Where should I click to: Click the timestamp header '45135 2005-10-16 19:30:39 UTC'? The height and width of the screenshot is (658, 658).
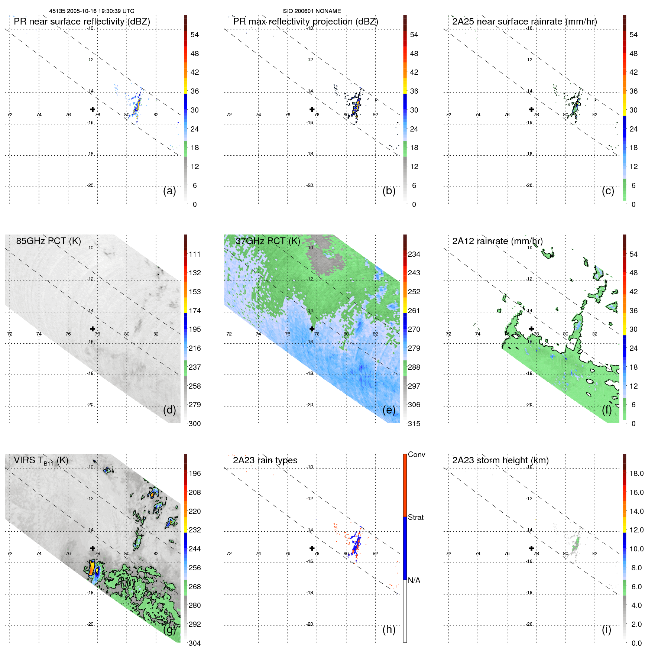tap(92, 11)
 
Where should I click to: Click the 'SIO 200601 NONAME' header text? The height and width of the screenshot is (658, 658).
tap(312, 11)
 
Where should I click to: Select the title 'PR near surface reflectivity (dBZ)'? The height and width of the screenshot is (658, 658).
tap(82, 22)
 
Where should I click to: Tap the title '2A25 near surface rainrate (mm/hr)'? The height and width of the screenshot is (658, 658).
tap(524, 22)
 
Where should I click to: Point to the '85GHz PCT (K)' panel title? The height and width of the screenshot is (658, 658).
tap(48, 241)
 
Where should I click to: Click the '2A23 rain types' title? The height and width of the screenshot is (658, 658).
tap(265, 460)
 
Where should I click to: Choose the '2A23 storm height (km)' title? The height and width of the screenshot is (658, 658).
tap(500, 460)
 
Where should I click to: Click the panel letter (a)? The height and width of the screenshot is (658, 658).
tap(169, 191)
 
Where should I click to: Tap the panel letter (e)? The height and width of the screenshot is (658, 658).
tap(389, 410)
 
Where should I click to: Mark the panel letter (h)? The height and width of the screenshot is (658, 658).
tap(389, 629)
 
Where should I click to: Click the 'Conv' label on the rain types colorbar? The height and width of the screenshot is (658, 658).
tap(416, 454)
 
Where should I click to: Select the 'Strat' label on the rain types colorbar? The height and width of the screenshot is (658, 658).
tap(415, 517)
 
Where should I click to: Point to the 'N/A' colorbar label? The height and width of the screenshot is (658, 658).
tap(414, 580)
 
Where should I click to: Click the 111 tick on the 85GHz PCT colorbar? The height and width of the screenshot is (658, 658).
tap(195, 254)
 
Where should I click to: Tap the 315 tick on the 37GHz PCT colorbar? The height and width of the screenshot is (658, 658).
tap(414, 424)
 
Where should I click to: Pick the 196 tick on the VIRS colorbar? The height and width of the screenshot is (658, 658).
tap(195, 473)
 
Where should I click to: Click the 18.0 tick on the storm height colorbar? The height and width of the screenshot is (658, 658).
tap(636, 473)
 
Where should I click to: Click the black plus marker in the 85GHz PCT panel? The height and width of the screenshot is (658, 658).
tap(93, 329)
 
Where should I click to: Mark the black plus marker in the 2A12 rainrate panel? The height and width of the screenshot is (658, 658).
tap(531, 329)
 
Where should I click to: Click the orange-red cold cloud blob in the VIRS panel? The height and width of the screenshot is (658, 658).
tap(90, 568)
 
